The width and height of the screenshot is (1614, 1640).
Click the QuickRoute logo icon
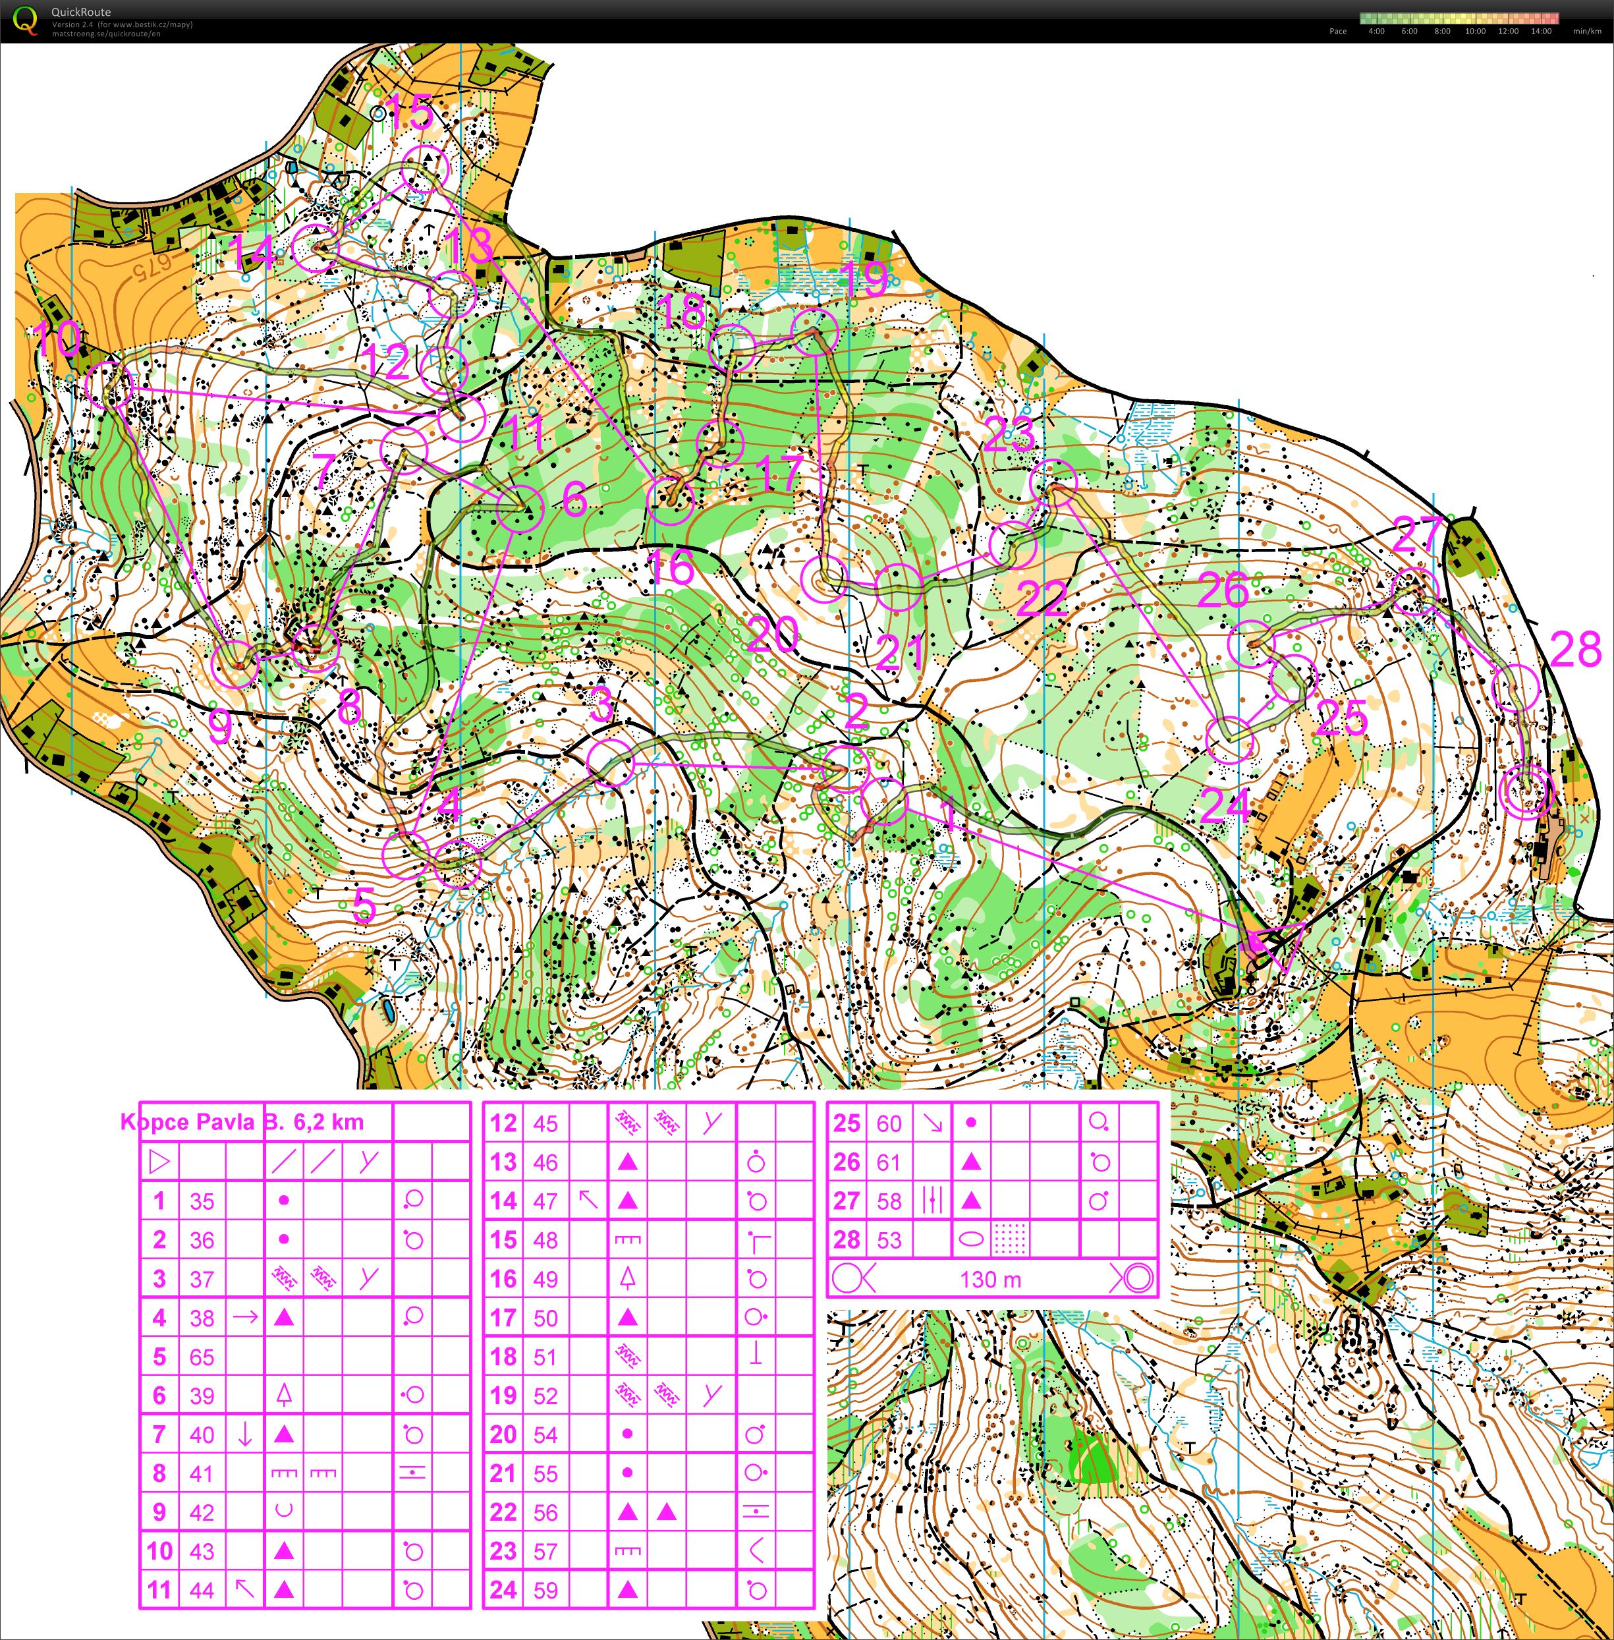click(x=26, y=20)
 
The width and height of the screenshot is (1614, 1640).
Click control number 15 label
click(x=410, y=113)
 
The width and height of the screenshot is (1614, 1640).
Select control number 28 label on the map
click(x=1575, y=650)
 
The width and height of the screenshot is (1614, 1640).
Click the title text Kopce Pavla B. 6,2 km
click(x=242, y=1122)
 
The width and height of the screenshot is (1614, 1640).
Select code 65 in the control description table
click(x=202, y=1357)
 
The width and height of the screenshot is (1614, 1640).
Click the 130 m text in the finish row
click(x=990, y=1279)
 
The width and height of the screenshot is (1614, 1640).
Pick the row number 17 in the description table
click(x=503, y=1318)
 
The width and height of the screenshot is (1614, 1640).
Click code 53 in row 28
click(x=889, y=1240)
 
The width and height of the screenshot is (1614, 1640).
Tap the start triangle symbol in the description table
click(x=159, y=1162)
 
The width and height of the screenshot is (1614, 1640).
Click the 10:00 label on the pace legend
click(x=1475, y=32)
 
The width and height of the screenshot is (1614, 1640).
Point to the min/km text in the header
click(x=1587, y=32)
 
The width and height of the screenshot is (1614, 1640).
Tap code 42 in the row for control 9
click(x=202, y=1512)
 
